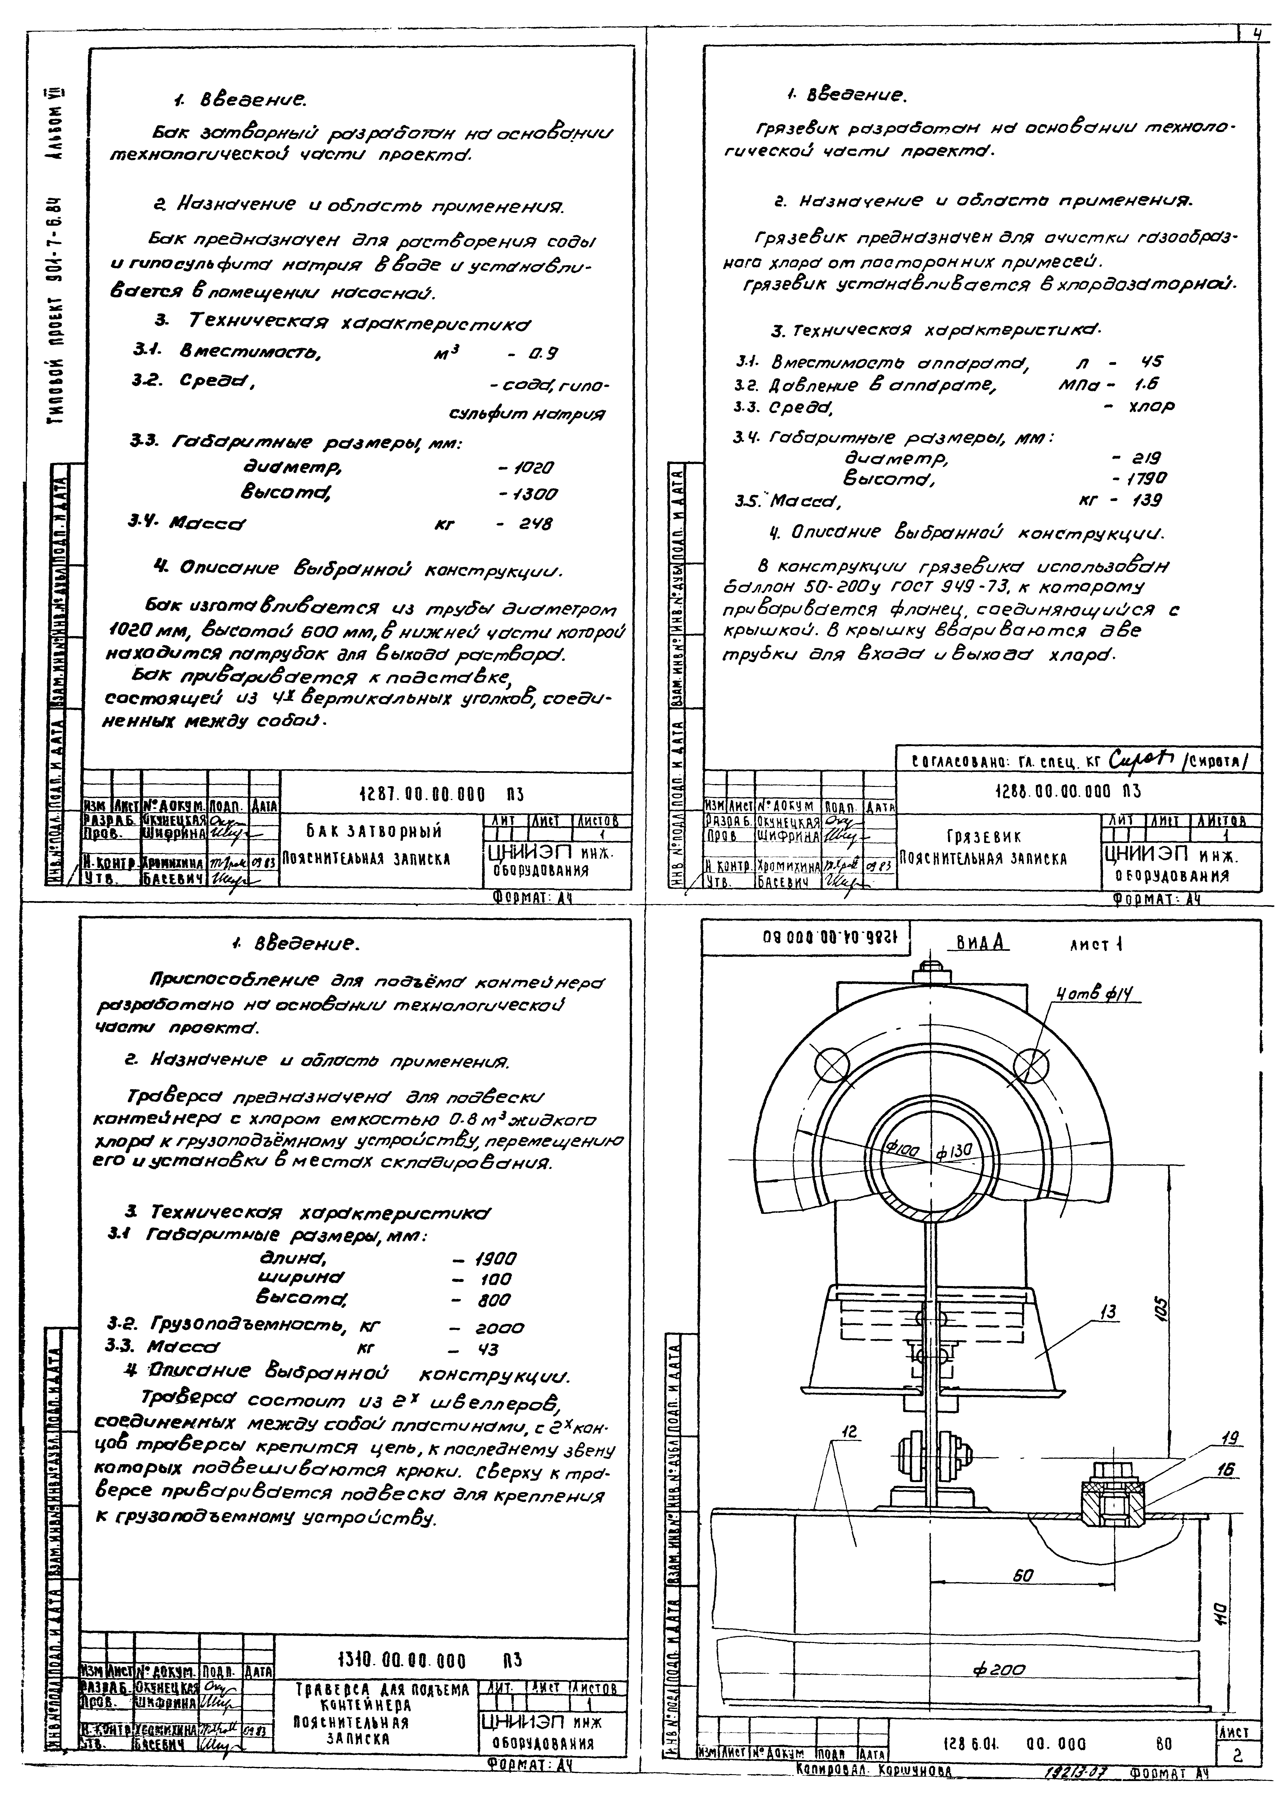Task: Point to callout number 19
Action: click(x=1230, y=1438)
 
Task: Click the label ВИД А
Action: click(x=978, y=943)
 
